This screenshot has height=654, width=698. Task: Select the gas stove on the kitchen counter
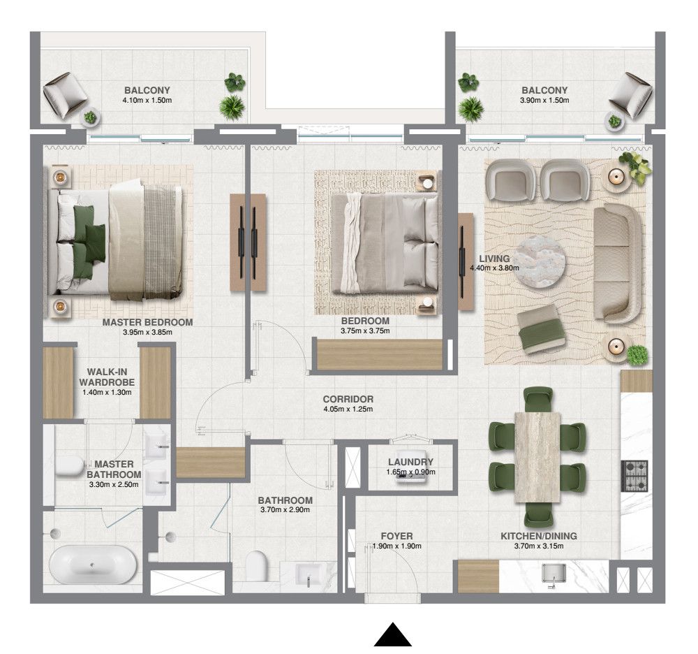pyautogui.click(x=634, y=476)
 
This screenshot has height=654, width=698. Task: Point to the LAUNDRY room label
pyautogui.click(x=410, y=462)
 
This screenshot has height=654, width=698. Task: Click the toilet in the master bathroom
pyautogui.click(x=70, y=466)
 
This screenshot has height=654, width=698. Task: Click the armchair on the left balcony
pyautogui.click(x=66, y=95)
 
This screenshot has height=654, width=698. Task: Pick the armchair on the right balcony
pyautogui.click(x=631, y=96)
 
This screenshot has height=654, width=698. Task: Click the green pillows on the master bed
pyautogui.click(x=87, y=234)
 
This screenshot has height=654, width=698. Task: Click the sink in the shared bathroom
pyautogui.click(x=306, y=576)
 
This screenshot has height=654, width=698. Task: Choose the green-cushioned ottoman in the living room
pyautogui.click(x=541, y=326)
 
